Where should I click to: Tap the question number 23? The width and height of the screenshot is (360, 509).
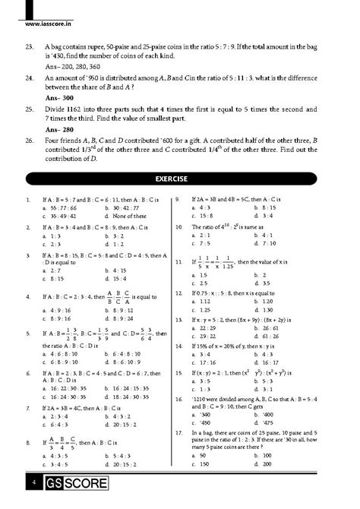click(x=29, y=46)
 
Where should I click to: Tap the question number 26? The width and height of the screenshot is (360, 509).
click(x=29, y=141)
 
